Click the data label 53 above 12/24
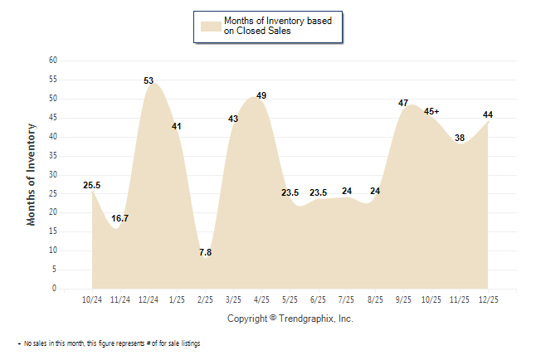coord(149,81)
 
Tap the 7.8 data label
coord(205,252)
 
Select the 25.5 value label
coord(92,186)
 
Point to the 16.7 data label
coord(120,218)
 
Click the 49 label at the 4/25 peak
coord(261,96)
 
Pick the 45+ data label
coord(431,111)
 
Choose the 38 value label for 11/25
coord(460,139)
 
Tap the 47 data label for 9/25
coord(403,104)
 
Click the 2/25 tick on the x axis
coord(205,298)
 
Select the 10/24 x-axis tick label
coord(92,298)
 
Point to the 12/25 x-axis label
coord(488,298)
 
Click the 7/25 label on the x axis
coord(347,298)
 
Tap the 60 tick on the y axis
coord(52,61)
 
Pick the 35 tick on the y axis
coord(52,156)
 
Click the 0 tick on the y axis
coord(55,289)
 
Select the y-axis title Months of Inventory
coord(32,174)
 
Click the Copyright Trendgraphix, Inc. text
coord(290,319)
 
